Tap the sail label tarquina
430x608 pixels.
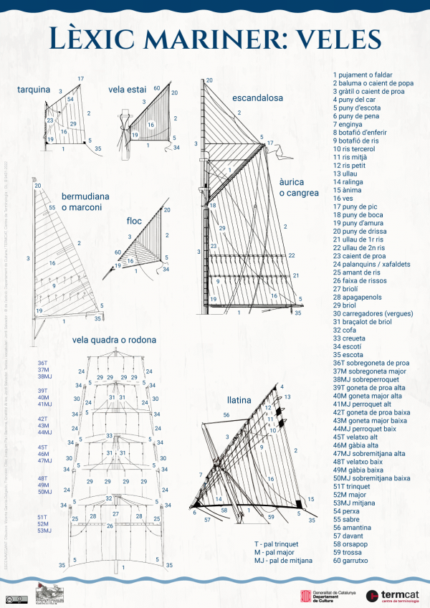(x=34, y=90)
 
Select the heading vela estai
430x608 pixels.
(x=127, y=90)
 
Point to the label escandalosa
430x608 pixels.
(x=257, y=98)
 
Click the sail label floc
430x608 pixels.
(x=135, y=221)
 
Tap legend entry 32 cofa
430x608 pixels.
(x=348, y=330)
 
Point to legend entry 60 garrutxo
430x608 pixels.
(x=358, y=560)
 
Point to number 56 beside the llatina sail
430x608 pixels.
(x=226, y=415)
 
